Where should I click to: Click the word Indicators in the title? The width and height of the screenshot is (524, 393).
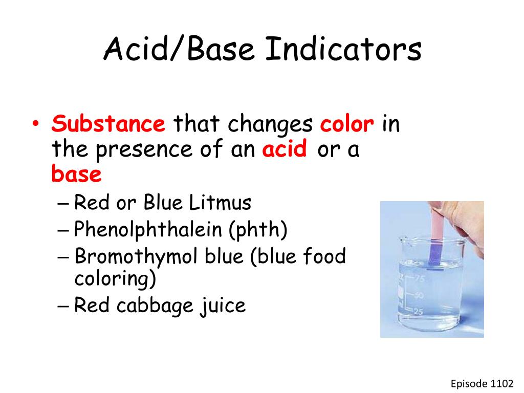click(x=344, y=50)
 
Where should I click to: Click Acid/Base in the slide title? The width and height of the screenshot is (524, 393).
click(x=179, y=50)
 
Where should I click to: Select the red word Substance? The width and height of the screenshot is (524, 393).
click(x=108, y=124)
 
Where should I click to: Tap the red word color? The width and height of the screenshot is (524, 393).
click(x=347, y=124)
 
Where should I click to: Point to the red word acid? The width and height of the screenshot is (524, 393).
click(x=285, y=149)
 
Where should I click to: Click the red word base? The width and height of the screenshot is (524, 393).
click(x=76, y=175)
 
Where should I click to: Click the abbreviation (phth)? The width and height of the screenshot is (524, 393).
click(x=258, y=230)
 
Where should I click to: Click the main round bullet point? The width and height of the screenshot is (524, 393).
click(x=35, y=125)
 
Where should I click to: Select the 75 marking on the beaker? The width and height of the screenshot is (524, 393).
click(x=421, y=279)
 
